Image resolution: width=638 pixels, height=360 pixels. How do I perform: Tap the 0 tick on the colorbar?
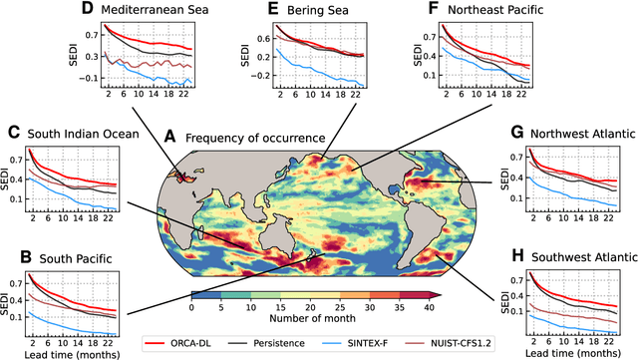[190, 308]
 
